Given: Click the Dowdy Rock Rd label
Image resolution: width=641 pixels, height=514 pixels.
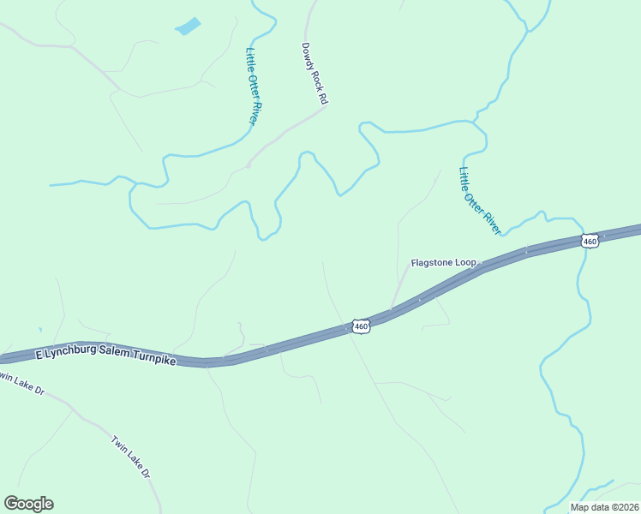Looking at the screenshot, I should click(x=315, y=75).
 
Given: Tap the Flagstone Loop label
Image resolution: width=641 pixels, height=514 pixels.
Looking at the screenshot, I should click(x=443, y=262).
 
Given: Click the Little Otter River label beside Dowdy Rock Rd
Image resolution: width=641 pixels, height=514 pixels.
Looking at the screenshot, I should click(x=252, y=86).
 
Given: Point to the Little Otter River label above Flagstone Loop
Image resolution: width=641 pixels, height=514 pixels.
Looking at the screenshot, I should click(x=479, y=200).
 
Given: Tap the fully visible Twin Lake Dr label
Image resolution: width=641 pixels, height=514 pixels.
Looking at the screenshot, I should click(x=130, y=457).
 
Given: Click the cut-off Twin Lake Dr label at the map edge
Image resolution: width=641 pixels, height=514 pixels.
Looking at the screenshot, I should click(x=22, y=385).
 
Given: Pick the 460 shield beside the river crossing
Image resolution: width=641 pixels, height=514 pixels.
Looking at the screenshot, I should click(x=589, y=242).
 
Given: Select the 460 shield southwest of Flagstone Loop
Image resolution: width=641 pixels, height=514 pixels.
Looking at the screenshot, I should click(x=361, y=326).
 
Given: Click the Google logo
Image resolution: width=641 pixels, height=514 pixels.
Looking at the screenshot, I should click(x=28, y=504).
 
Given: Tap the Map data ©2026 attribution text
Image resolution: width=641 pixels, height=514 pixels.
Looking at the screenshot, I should click(x=603, y=507).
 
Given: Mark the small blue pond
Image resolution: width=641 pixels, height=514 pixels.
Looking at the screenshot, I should click(x=188, y=27).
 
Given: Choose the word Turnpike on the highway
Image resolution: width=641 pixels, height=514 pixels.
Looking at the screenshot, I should click(x=153, y=361).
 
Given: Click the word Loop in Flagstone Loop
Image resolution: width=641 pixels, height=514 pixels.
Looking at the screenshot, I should click(x=465, y=262).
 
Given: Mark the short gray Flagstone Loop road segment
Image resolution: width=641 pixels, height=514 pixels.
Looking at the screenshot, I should click(x=399, y=287).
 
